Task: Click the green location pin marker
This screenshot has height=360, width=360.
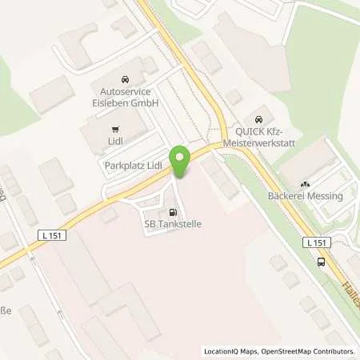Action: tap(180, 162)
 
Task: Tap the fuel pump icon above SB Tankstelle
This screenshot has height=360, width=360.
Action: tap(172, 213)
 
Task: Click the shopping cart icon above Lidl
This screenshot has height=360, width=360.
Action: tap(116, 128)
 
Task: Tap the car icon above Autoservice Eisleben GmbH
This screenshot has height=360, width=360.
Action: tap(124, 80)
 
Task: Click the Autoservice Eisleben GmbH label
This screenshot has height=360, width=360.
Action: tap(124, 98)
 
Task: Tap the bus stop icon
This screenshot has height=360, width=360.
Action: tap(321, 262)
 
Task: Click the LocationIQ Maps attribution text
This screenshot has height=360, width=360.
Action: tap(230, 351)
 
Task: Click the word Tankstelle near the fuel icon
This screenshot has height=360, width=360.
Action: tap(178, 225)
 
